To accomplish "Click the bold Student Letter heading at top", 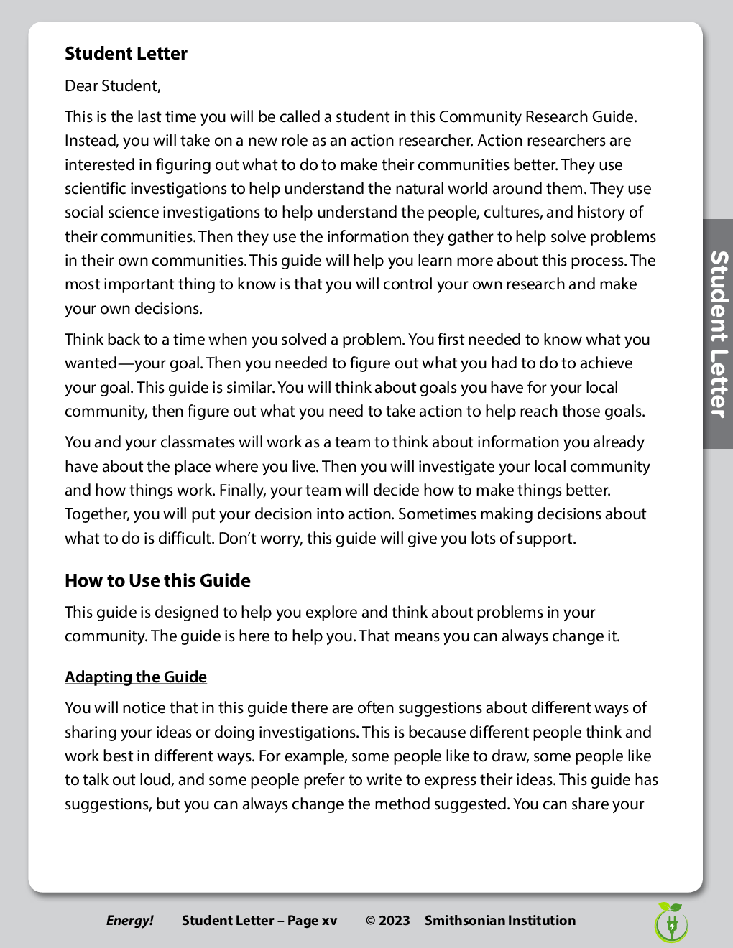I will [126, 54].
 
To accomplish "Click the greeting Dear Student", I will [113, 86].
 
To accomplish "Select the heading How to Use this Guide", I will [157, 580].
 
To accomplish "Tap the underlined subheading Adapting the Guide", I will [136, 677].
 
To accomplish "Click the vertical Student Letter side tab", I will [718, 334].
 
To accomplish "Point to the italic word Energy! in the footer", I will [130, 921].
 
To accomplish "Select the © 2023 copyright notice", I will [387, 921].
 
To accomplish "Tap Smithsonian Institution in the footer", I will [500, 921].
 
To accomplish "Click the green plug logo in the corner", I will [671, 923].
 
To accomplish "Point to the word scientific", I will [96, 189].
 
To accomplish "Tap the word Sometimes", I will [437, 514].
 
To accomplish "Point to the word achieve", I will [607, 363].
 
